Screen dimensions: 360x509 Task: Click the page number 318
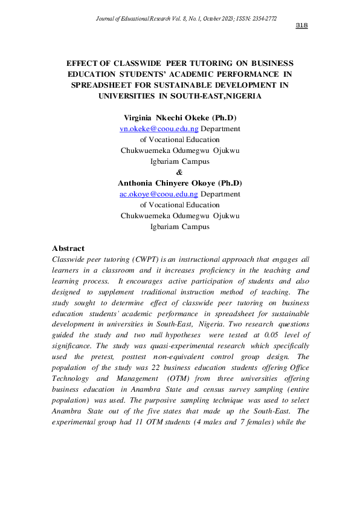[x=302, y=25]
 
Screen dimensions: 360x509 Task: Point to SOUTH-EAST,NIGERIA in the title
[x=220, y=96]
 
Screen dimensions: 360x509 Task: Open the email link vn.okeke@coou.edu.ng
[x=159, y=129]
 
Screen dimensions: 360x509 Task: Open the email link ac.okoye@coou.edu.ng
[x=159, y=194]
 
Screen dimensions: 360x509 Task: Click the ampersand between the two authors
[x=179, y=172]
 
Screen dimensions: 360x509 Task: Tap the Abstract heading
[x=68, y=248]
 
